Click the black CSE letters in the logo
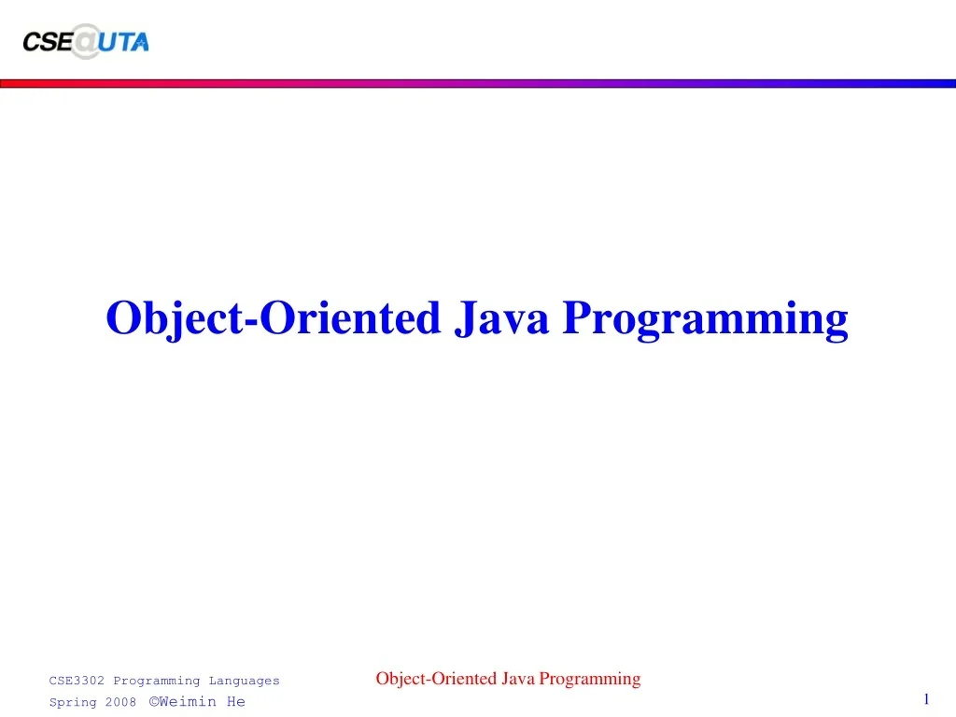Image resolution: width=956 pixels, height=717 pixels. pyautogui.click(x=48, y=42)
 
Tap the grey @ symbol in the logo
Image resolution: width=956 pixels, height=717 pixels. pyautogui.click(x=86, y=41)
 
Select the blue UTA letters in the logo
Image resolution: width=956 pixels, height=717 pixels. pyautogui.click(x=124, y=42)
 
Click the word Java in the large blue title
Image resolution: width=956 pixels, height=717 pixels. pyautogui.click(x=501, y=317)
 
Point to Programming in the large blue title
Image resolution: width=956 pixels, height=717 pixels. pyautogui.click(x=706, y=319)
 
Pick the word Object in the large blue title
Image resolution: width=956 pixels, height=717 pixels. pyautogui.click(x=175, y=319)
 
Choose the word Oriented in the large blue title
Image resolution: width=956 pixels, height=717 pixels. pyautogui.click(x=350, y=317)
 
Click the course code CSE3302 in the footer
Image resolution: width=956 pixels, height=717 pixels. pyautogui.click(x=77, y=681)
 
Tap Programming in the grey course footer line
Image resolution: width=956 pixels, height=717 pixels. pyautogui.click(x=157, y=682)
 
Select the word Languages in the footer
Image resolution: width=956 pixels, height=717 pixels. pyautogui.click(x=244, y=682)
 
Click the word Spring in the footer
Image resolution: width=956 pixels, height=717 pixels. pyautogui.click(x=73, y=702)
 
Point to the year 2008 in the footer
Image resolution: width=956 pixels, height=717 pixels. pyautogui.click(x=120, y=702)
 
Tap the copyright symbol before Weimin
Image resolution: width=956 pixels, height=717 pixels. pyautogui.click(x=154, y=701)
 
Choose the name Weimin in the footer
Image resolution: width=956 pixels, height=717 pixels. pyautogui.click(x=188, y=701)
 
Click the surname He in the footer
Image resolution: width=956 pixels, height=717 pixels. pyautogui.click(x=236, y=701)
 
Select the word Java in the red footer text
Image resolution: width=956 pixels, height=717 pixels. pyautogui.click(x=518, y=679)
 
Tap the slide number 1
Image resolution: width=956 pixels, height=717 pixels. pyautogui.click(x=927, y=698)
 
